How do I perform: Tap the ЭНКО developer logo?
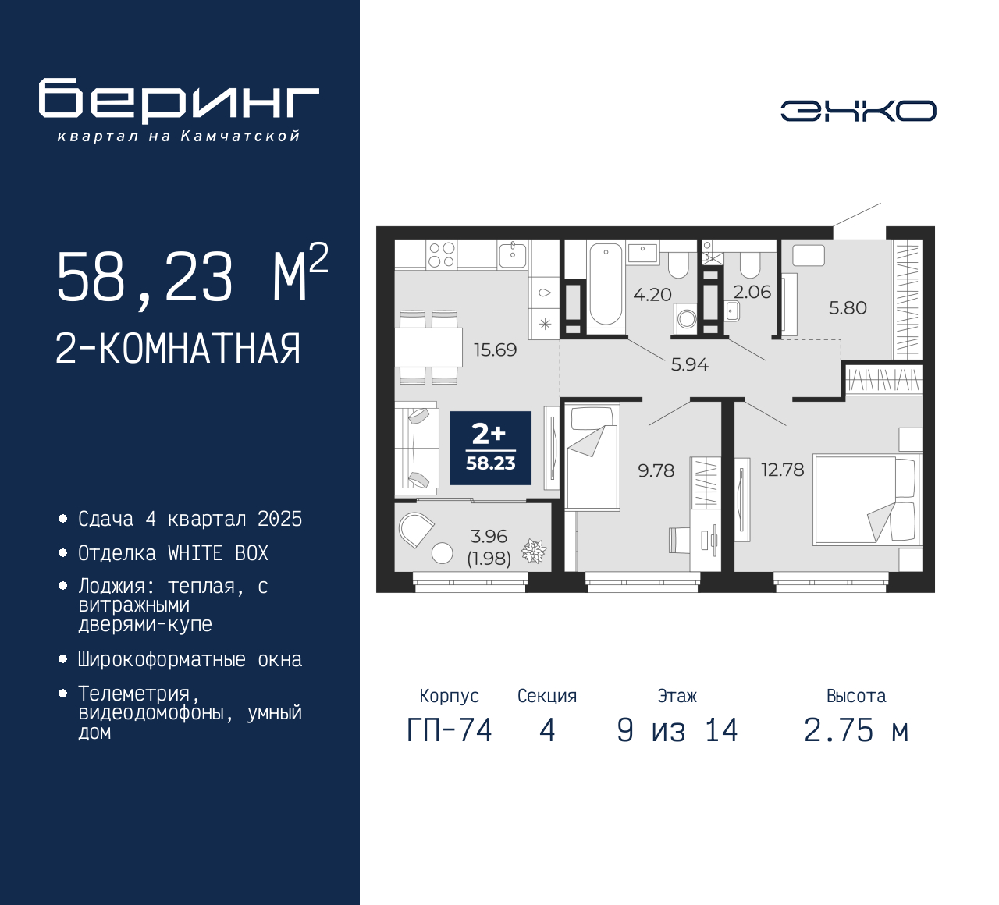858,111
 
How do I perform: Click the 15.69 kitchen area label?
495,350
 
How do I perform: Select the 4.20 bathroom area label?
652,295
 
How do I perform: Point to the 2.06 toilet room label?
752,292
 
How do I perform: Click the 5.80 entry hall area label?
848,307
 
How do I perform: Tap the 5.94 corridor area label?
689,364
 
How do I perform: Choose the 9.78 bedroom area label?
656,470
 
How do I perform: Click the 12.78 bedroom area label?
782,470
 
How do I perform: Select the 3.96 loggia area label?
489,536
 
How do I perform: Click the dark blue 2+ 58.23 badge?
491,448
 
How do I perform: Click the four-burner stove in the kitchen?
441,254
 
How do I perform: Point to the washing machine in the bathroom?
686,318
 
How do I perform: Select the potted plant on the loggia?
534,551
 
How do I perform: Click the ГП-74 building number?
450,730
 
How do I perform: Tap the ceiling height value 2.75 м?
856,730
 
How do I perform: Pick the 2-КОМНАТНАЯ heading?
178,349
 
